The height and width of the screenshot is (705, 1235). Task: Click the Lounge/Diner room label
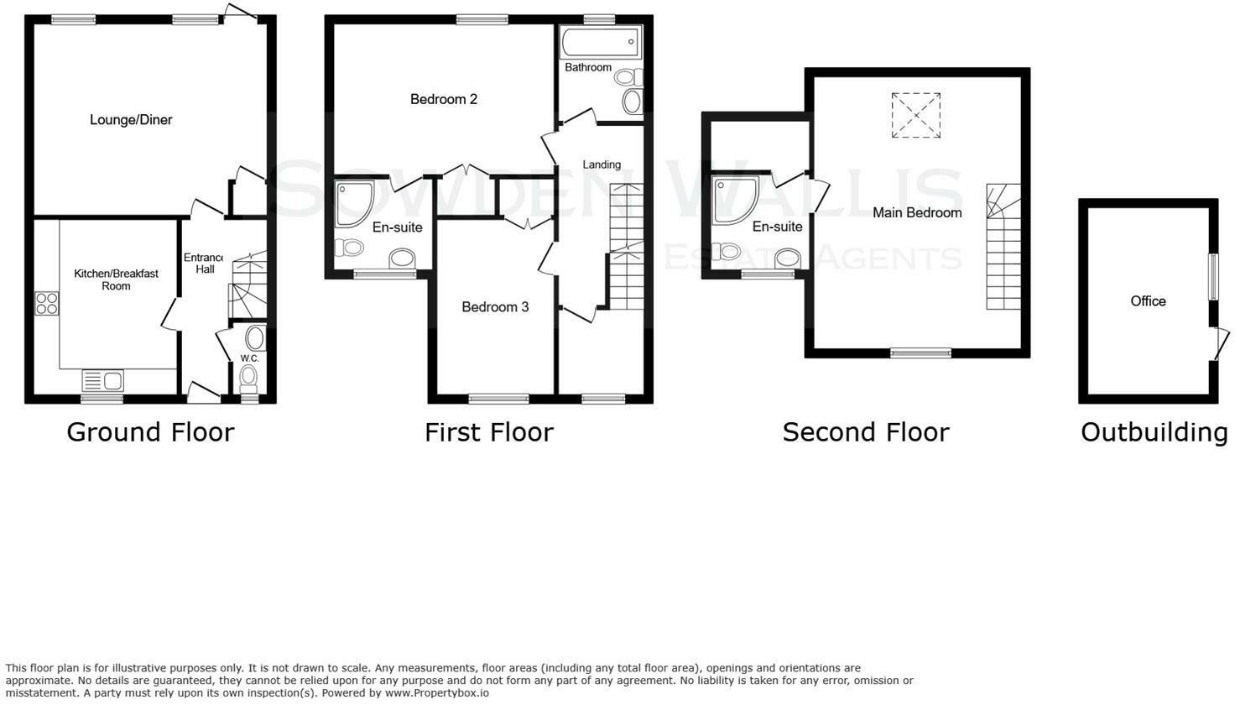tap(131, 120)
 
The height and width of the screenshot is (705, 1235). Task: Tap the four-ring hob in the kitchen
tap(46, 303)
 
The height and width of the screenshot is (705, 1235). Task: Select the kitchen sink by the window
tap(102, 380)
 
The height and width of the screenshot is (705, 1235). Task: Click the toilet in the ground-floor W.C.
tap(248, 379)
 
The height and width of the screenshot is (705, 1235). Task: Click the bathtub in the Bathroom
tap(599, 41)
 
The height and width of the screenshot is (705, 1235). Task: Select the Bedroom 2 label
tap(443, 99)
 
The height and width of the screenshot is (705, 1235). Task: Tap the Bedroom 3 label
tap(495, 307)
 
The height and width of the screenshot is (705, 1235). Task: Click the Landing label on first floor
tap(602, 164)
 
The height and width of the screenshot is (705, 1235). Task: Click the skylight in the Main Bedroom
tap(915, 115)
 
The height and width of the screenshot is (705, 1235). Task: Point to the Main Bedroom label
tap(916, 212)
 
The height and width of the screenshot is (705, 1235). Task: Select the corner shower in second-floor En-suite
tap(734, 201)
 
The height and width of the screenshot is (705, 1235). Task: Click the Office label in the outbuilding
tap(1148, 300)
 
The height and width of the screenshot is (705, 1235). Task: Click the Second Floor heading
tap(865, 432)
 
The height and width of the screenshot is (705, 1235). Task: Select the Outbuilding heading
tap(1154, 432)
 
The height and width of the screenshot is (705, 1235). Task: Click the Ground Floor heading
tap(150, 432)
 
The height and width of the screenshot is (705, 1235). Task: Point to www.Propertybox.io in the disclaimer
tap(436, 693)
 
